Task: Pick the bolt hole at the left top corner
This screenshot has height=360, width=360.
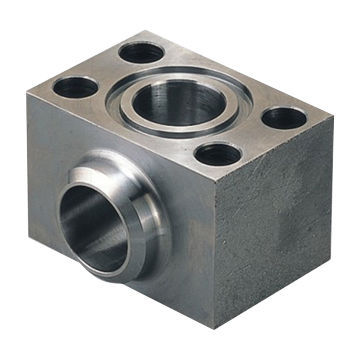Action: pyautogui.click(x=75, y=87)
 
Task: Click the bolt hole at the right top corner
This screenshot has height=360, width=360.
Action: pyautogui.click(x=285, y=117)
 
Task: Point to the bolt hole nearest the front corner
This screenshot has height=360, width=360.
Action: pyautogui.click(x=218, y=154)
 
